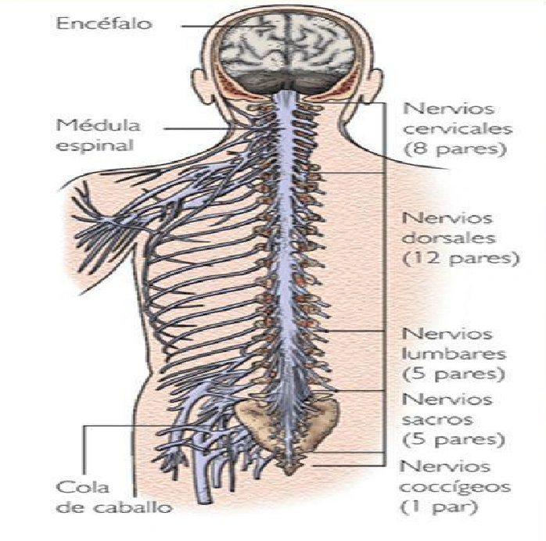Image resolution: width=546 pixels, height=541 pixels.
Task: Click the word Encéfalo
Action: [115, 23]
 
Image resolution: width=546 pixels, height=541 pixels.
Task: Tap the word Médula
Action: [87, 125]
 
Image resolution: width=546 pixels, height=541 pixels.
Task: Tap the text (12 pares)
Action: [458, 256]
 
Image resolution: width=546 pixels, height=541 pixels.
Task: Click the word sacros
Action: [435, 419]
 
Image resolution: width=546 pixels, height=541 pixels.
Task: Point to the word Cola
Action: [77, 486]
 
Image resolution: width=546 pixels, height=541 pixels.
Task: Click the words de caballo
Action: [114, 507]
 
